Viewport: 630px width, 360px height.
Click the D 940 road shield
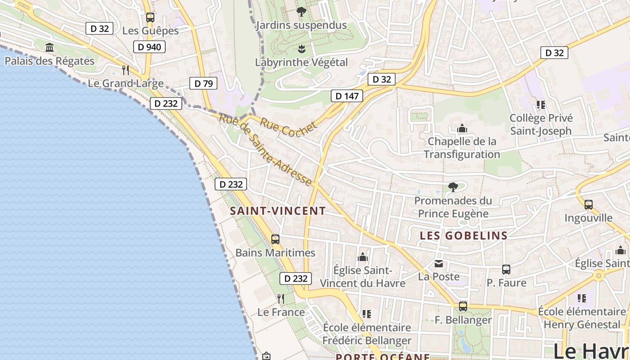pos(149,47)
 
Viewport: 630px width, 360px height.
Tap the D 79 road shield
pos(203,83)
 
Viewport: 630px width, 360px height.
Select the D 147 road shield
pos(346,96)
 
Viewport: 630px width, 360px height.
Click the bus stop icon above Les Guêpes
pos(150,18)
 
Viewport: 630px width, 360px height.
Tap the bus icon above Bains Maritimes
pos(275,239)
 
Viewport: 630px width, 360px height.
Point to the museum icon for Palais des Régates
pos(49,48)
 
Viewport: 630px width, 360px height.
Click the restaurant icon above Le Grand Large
pos(126,70)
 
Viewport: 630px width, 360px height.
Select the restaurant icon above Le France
pos(281,298)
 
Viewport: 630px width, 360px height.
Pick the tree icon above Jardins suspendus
pos(301,12)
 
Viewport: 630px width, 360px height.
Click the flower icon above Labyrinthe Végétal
pos(301,49)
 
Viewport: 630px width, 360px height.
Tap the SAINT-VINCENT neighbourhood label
pos(278,211)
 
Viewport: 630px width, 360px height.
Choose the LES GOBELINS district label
pos(463,235)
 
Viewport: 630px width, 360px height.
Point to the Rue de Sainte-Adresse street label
pos(265,150)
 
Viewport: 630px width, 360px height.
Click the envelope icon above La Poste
pos(438,263)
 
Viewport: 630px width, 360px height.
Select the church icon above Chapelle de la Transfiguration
pos(462,129)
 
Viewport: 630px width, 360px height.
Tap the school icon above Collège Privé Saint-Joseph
pos(541,105)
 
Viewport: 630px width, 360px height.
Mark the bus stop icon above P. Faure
pos(506,270)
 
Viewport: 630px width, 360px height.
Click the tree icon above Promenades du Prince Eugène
pos(453,187)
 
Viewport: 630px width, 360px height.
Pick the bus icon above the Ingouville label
pos(588,205)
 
